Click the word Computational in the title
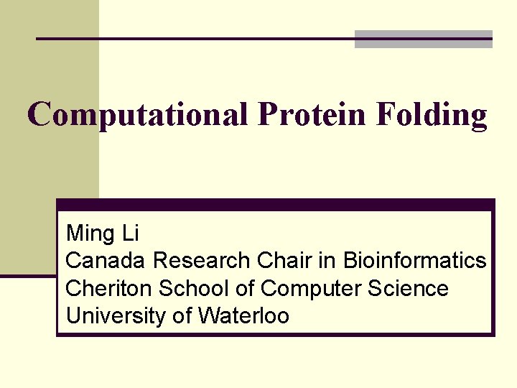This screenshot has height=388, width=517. (139, 115)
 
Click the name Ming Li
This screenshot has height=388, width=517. (102, 234)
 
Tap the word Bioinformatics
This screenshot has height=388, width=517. (414, 261)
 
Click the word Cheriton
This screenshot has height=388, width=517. (109, 289)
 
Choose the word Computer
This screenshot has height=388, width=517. (311, 289)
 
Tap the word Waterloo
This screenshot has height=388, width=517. (244, 316)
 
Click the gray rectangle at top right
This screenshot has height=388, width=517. (424, 39)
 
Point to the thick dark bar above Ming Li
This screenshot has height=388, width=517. (276, 205)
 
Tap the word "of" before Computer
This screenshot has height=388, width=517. (246, 289)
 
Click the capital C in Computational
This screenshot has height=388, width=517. (39, 115)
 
